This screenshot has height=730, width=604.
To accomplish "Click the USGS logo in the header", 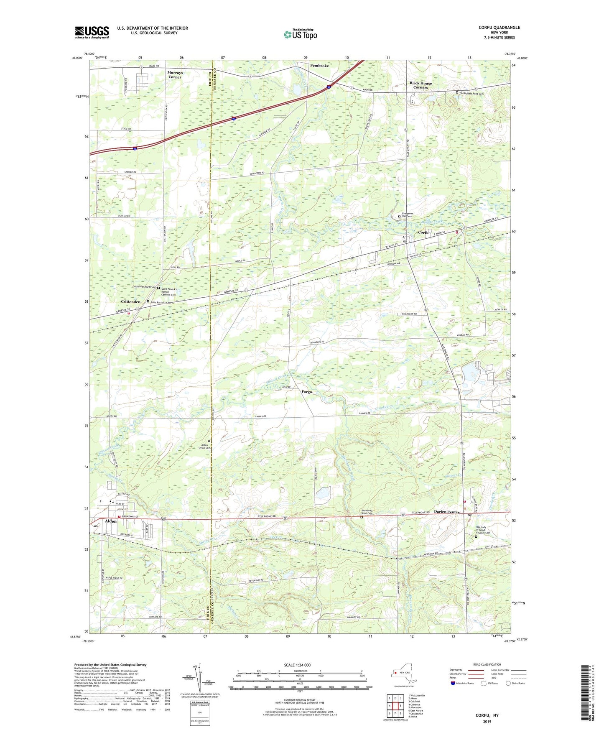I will (x=92, y=32).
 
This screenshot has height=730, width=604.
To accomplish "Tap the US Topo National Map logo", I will (x=300, y=34).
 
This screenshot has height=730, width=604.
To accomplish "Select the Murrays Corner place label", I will (x=175, y=75).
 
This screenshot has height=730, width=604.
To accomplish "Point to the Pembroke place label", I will (x=319, y=66).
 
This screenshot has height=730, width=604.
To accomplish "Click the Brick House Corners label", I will (x=421, y=85).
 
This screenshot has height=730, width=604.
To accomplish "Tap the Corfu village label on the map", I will (x=424, y=232).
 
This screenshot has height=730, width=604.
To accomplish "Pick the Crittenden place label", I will (x=130, y=301).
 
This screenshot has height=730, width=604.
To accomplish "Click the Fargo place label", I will (x=306, y=392).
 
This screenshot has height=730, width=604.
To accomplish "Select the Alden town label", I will (x=111, y=521).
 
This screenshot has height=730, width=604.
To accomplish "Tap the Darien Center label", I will (x=447, y=512).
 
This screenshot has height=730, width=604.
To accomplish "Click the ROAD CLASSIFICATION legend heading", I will (x=487, y=664).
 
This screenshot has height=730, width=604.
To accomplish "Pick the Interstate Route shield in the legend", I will (x=453, y=683).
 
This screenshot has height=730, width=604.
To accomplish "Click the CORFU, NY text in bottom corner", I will (x=487, y=715).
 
